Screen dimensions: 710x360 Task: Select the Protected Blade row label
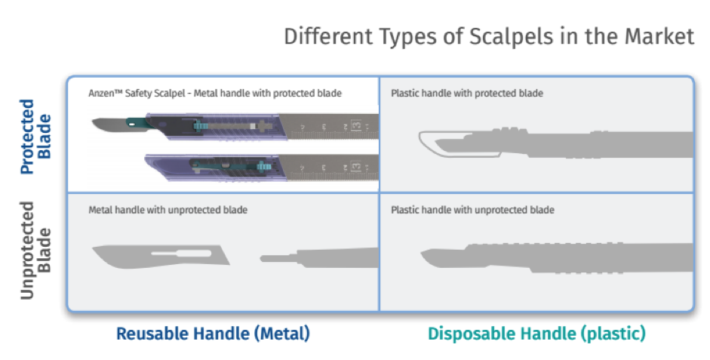[x=35, y=137]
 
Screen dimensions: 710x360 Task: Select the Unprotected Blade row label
[x=35, y=251]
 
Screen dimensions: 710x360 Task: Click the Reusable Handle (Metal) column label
[x=214, y=334]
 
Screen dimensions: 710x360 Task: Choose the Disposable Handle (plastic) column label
[x=536, y=334]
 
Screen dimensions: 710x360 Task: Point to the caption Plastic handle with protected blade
[x=467, y=94]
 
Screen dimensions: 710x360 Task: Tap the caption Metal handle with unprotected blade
[x=168, y=210]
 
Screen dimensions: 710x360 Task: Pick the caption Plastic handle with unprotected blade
[x=472, y=210]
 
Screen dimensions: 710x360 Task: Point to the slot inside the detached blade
[x=181, y=253]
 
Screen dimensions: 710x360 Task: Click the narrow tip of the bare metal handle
[x=263, y=259]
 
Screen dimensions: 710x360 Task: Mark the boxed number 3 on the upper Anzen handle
[x=357, y=126]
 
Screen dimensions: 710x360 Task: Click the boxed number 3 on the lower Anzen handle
[x=357, y=167]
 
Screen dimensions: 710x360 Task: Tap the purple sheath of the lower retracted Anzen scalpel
[x=213, y=167]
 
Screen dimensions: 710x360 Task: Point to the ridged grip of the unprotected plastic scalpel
[x=543, y=258]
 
